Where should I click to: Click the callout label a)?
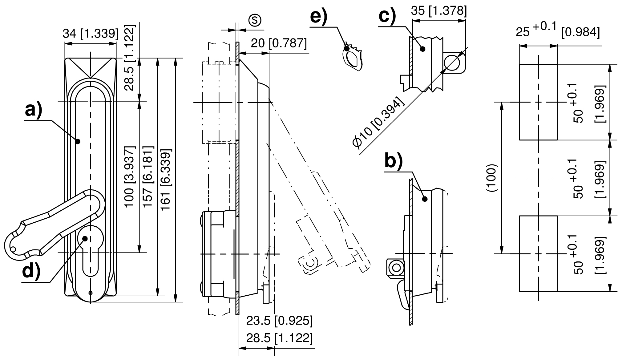[33, 110]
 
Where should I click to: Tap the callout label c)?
[387, 16]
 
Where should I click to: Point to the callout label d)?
[32, 271]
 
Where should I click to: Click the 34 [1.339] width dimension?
[90, 34]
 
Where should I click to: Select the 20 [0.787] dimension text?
[279, 43]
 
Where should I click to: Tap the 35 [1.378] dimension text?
[439, 11]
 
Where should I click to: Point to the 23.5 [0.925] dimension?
[279, 321]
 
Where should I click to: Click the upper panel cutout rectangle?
[538, 102]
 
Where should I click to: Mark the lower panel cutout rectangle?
[538, 253]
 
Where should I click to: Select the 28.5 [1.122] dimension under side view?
[279, 338]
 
